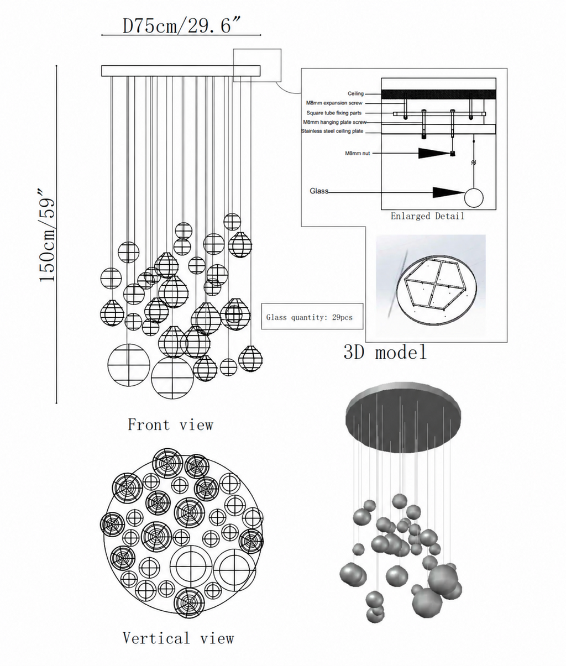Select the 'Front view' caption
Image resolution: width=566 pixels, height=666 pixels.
tap(170, 424)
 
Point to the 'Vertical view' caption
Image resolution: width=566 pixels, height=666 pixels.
tap(178, 638)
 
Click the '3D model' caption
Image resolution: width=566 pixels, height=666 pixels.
tap(385, 352)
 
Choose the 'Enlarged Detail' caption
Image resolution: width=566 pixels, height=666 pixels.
tap(427, 216)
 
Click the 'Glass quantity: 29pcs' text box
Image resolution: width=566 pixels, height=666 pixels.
tap(312, 316)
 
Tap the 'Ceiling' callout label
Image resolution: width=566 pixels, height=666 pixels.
tap(355, 93)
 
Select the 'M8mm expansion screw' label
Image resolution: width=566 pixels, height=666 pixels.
tap(334, 103)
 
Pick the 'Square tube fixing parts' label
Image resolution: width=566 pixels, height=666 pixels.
tap(334, 113)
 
